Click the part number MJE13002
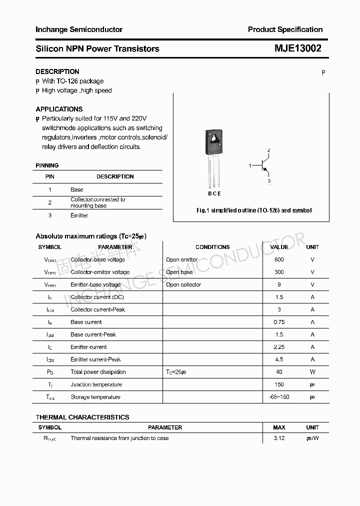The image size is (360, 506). tap(297, 48)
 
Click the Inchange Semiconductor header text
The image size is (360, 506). tap(79, 29)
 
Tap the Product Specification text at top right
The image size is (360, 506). tap(285, 29)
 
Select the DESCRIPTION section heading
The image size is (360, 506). tap(57, 71)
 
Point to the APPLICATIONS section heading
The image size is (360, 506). tap(59, 109)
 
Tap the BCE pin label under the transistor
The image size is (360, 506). tap(214, 193)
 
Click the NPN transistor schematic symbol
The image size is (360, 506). tap(263, 165)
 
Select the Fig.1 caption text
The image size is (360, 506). tap(253, 210)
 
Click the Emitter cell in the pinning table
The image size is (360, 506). tap(79, 215)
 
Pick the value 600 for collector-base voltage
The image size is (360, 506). tap(279, 259)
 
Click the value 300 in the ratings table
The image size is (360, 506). tap(279, 272)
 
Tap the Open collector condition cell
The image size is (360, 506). tap(183, 284)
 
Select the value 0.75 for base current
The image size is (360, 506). tap(279, 322)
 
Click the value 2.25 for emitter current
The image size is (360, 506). tap(279, 347)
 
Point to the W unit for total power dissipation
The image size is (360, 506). tap(312, 372)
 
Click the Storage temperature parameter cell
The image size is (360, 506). tap(95, 397)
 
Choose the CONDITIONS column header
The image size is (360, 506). tap(212, 247)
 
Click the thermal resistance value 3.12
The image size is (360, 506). tap(279, 438)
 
